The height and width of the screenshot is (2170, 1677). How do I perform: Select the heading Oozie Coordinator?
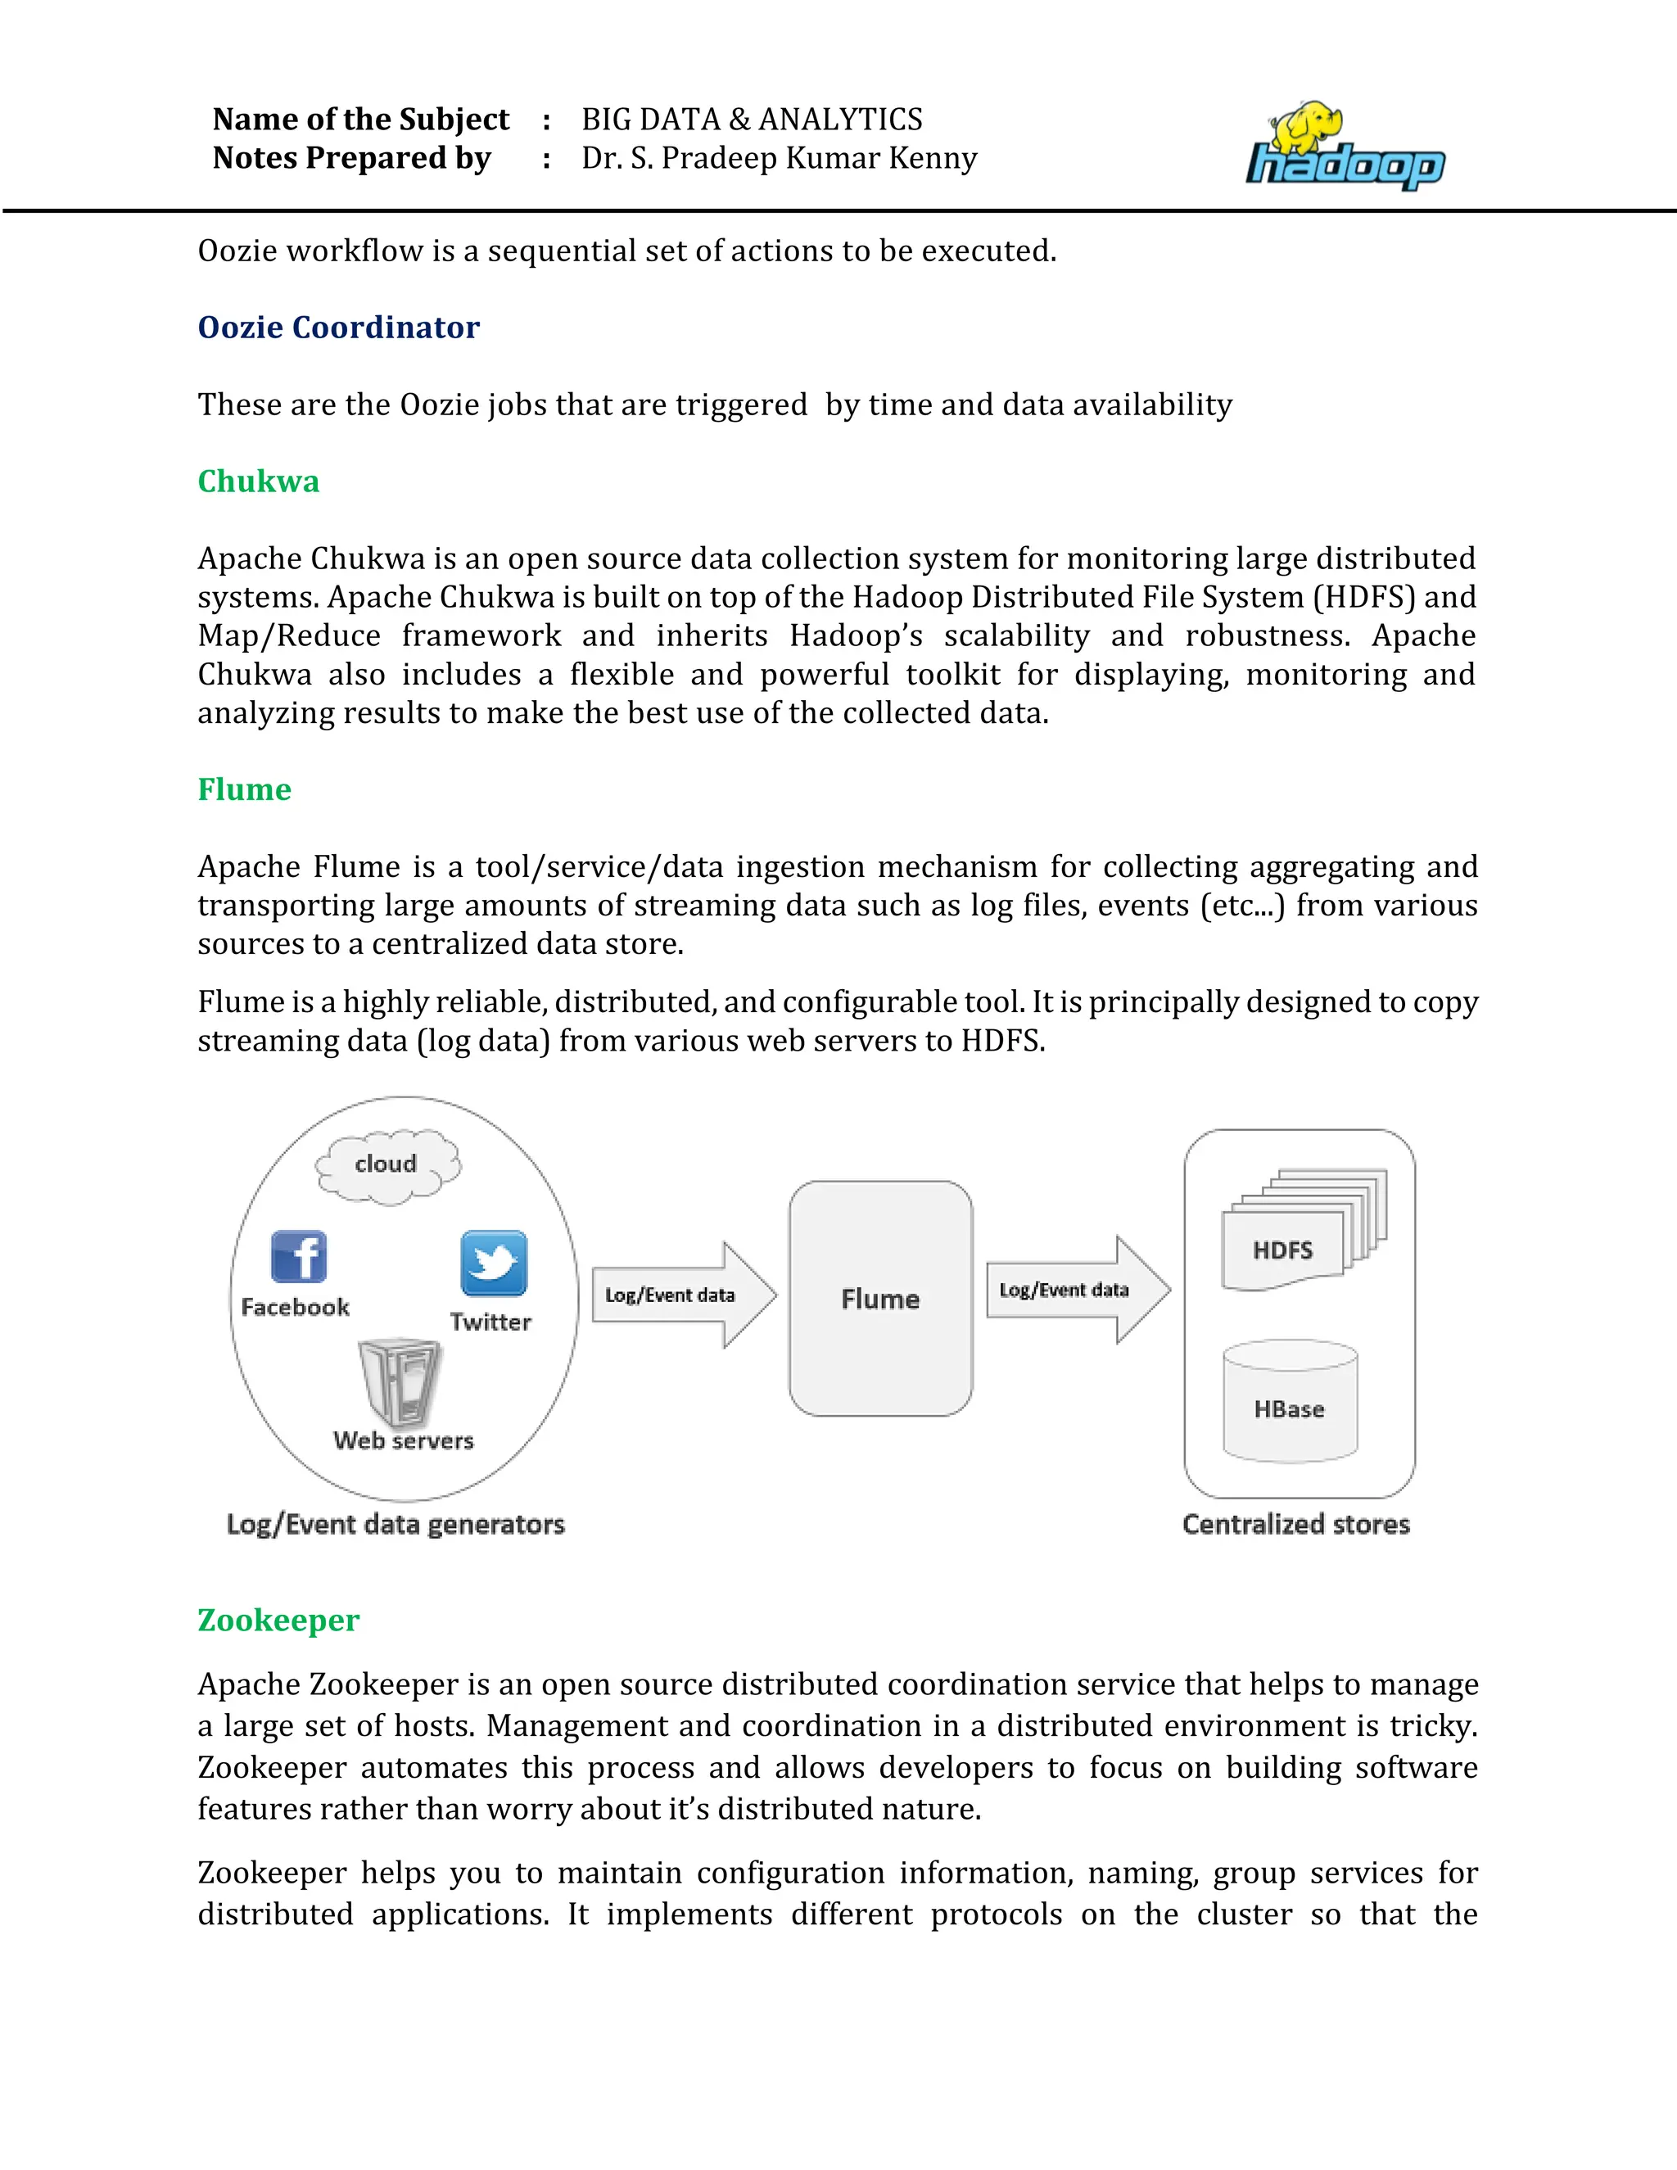pos(338,327)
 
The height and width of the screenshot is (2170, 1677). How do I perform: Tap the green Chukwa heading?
pos(258,481)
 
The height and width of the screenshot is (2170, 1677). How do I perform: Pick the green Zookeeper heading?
pos(278,1620)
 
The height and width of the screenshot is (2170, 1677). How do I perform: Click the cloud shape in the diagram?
pos(387,1164)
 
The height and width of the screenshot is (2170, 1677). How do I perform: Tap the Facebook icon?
pos(298,1257)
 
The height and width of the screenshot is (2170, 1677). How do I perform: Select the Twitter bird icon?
pos(494,1263)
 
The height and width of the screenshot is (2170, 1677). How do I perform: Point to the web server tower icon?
pos(400,1381)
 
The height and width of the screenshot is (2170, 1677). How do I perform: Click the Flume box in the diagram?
pos(880,1298)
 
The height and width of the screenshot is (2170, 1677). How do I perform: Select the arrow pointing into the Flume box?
pos(684,1295)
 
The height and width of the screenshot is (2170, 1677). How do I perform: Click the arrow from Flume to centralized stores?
pos(1077,1290)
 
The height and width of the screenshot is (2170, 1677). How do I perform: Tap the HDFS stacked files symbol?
pos(1301,1232)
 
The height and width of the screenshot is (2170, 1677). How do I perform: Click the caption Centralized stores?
pos(1295,1524)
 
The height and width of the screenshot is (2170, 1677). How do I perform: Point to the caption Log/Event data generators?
pos(396,1524)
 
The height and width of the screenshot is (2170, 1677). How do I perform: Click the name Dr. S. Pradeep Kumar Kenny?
pos(779,158)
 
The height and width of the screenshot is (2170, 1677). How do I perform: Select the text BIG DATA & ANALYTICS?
pos(751,120)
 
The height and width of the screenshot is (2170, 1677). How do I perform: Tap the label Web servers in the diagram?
pos(404,1440)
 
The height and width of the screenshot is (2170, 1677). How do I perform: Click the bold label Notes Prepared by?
pos(351,158)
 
